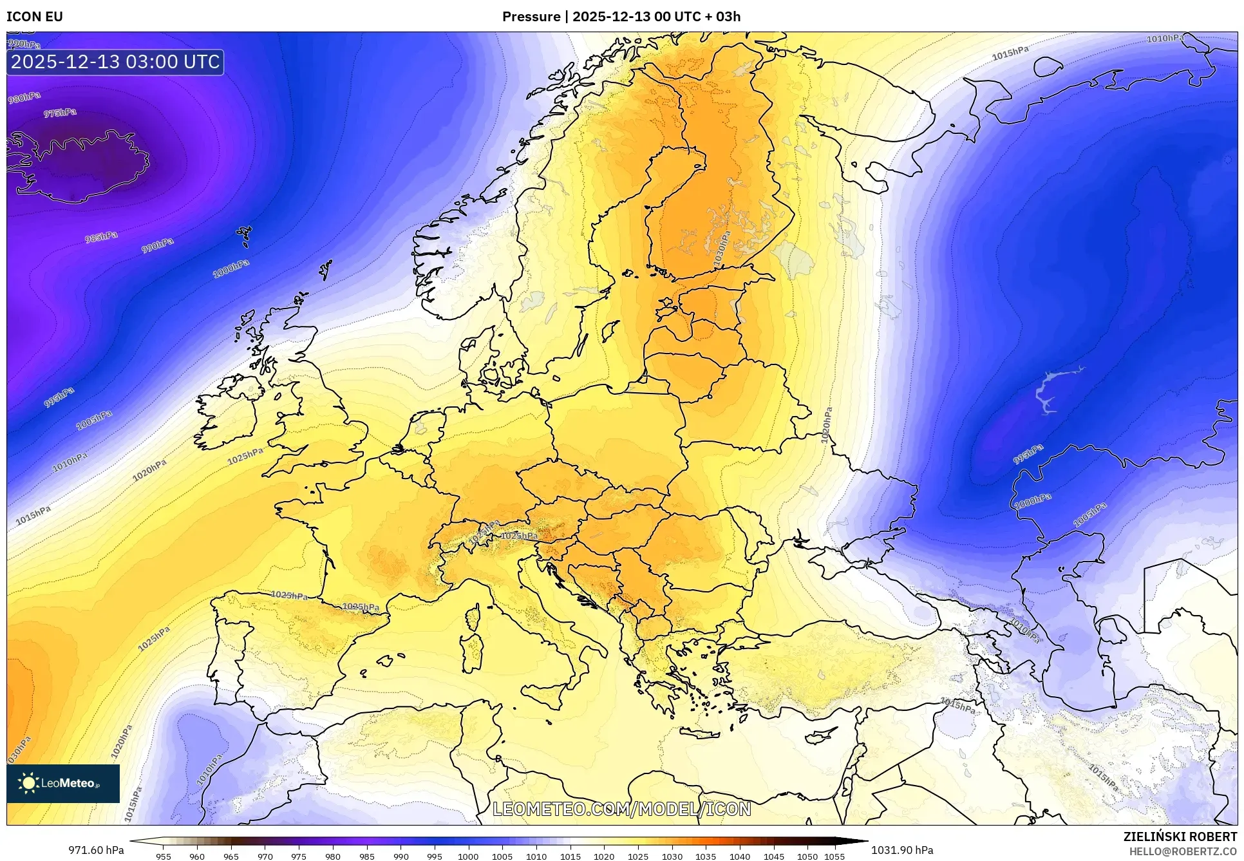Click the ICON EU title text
pos(35,17)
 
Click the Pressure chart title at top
pos(621,17)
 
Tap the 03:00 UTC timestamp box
pos(115,62)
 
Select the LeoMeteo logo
pos(63,783)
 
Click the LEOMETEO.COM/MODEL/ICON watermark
pos(621,809)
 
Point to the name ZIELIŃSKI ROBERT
pos(1180,837)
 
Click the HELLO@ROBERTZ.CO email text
pos(1183,851)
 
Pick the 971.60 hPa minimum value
pos(96,850)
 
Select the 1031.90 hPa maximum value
pos(901,850)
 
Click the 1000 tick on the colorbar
pos(468,856)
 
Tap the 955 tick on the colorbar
pos(164,856)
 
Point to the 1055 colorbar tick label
pos(834,856)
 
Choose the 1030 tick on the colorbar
pos(672,856)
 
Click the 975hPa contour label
pos(60,113)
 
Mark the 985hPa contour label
pos(101,238)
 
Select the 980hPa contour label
pos(24,98)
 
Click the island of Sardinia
pos(473,652)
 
